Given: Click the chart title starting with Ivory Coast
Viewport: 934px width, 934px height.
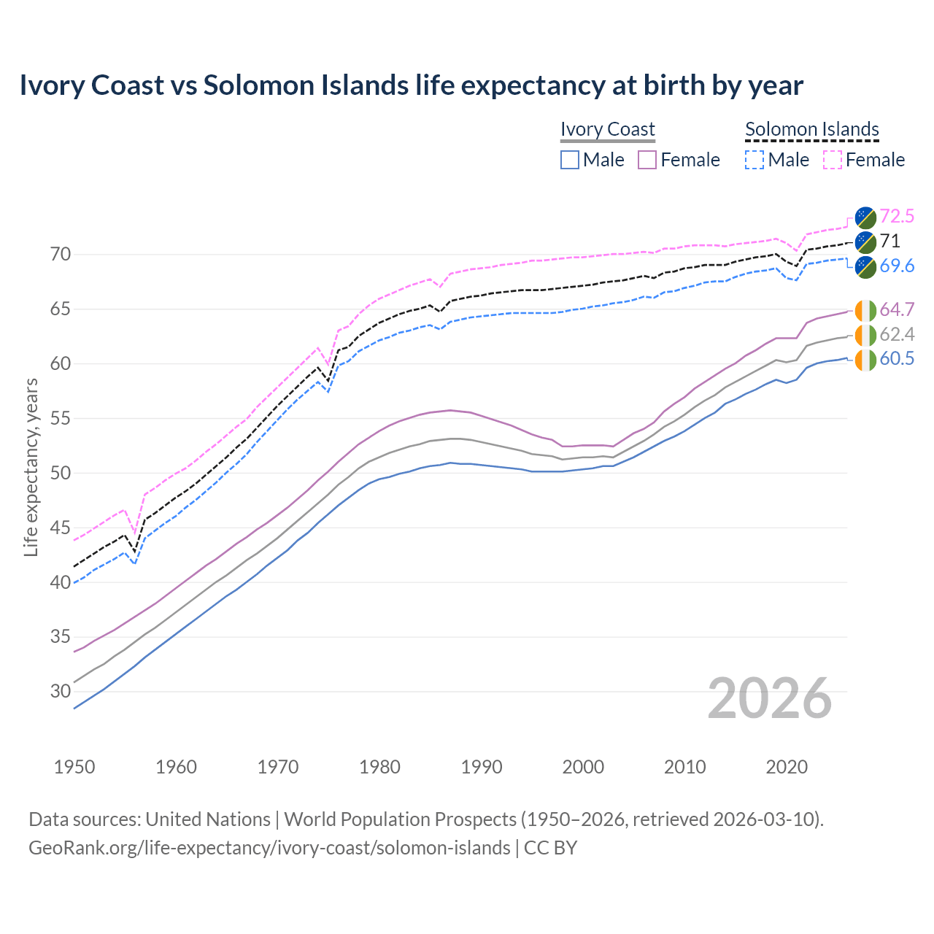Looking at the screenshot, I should pos(411,85).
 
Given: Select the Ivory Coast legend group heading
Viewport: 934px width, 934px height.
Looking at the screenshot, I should pos(607,129).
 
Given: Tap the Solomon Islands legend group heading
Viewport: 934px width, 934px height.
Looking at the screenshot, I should pos(811,129).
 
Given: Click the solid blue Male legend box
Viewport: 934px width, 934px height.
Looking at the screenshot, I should pos(570,160).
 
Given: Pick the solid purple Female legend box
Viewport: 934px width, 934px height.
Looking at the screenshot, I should pos(647,160).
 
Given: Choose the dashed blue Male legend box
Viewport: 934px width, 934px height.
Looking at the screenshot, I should pos(754,160).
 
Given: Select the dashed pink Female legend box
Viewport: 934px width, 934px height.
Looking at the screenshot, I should pos(832,160).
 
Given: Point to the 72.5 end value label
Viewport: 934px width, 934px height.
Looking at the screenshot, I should pos(897,216).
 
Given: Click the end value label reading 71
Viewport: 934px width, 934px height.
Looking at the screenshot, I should pos(889,241).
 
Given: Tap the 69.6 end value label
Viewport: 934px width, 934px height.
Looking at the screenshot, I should pos(897,266).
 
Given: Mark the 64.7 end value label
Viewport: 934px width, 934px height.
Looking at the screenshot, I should pos(897,309).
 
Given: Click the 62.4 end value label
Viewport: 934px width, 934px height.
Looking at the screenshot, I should pos(897,334).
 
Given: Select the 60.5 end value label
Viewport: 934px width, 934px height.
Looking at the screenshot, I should pos(897,359).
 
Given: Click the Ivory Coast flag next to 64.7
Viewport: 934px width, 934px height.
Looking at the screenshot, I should pos(865,310).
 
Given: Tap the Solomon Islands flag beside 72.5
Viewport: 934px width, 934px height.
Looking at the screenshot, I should pos(865,217).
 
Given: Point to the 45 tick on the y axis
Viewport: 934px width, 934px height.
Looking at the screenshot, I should pos(61,528).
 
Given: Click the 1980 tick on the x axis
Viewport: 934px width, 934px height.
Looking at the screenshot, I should pos(379,767).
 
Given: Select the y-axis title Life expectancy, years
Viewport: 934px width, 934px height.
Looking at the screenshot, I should pos(31,467).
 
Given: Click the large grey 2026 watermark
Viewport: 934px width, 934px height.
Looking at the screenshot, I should pos(770,698).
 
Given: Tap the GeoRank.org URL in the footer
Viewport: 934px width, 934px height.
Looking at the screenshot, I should pos(269,848).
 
